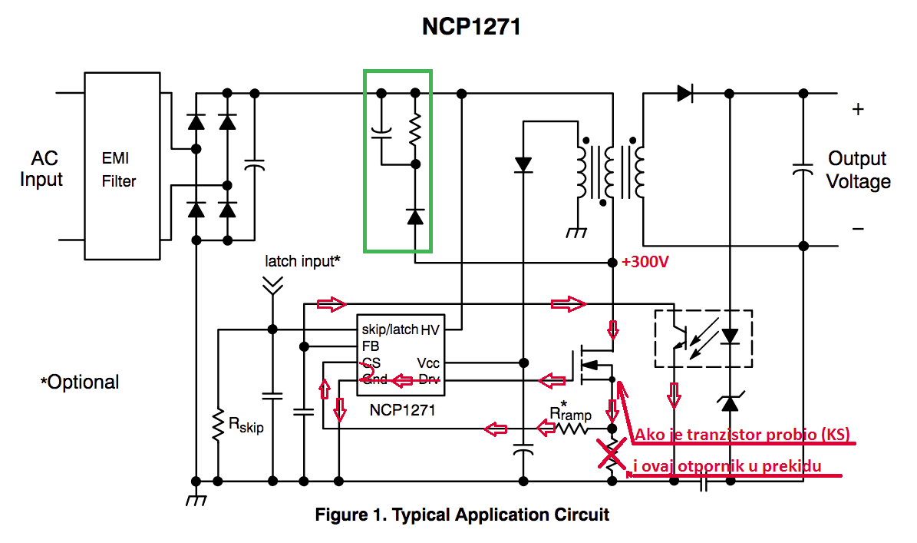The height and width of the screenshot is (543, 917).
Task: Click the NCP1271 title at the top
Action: tap(471, 27)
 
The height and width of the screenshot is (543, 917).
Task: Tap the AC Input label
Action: tap(41, 169)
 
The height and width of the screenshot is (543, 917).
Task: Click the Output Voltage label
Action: tap(858, 171)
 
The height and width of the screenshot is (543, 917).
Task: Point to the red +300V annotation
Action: tap(646, 262)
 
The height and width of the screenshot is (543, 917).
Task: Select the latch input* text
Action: tap(302, 261)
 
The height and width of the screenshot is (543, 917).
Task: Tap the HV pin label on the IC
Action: tap(431, 329)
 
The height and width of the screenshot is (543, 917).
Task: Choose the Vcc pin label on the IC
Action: tap(429, 363)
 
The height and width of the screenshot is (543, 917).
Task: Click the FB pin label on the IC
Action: tap(371, 346)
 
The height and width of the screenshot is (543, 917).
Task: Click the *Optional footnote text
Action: tap(80, 382)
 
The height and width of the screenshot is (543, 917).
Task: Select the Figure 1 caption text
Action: tap(462, 515)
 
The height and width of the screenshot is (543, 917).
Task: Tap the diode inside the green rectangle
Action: tap(415, 217)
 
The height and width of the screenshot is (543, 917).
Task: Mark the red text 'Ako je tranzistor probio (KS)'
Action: tap(741, 435)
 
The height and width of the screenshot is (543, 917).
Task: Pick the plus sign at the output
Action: tap(858, 109)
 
